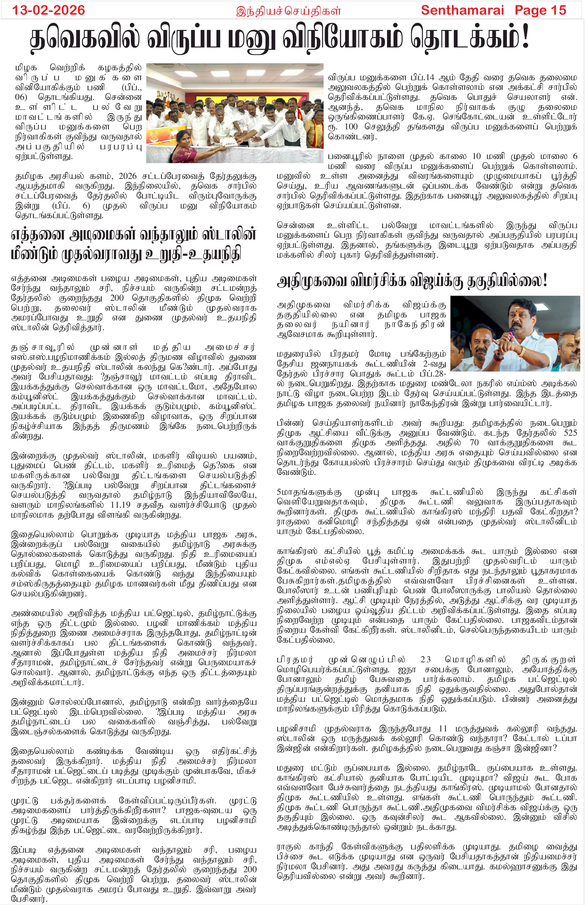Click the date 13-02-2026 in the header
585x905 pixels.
[x=49, y=10]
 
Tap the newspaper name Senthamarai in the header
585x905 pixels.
[x=462, y=10]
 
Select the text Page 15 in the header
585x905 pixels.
[x=540, y=10]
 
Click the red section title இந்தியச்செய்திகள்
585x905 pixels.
[x=288, y=11]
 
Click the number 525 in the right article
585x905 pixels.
[x=570, y=433]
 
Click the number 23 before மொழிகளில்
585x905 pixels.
[x=426, y=659]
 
